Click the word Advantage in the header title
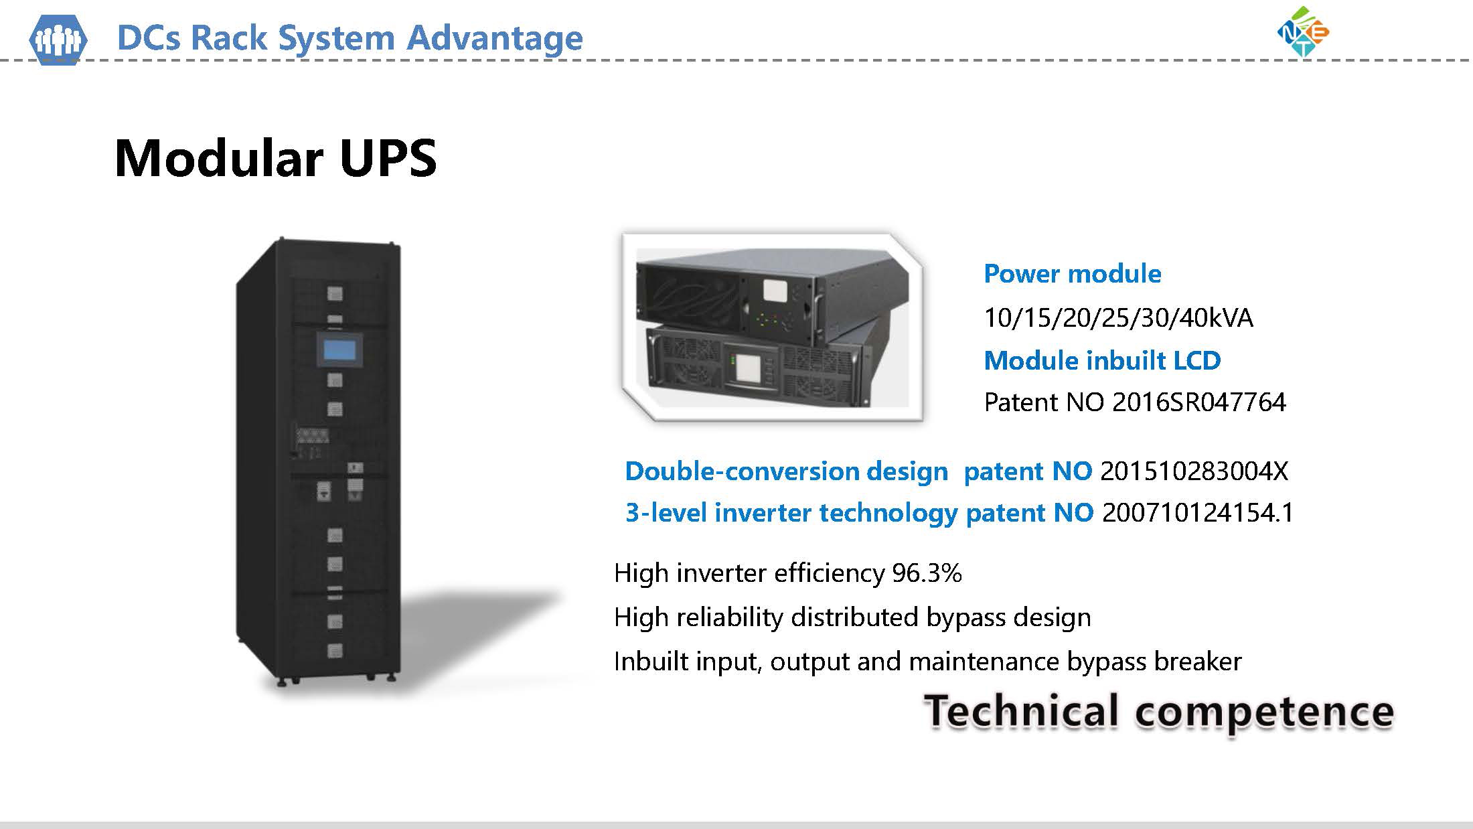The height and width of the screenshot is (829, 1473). [x=495, y=37]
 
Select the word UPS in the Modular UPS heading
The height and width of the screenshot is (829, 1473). [x=388, y=159]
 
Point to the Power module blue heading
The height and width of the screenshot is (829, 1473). [x=1073, y=274]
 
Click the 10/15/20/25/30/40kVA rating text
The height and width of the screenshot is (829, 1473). [x=1118, y=317]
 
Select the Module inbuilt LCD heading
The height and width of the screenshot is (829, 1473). [x=1102, y=361]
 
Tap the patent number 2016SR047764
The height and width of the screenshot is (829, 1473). [x=1198, y=402]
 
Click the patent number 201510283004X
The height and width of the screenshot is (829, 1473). [x=1194, y=471]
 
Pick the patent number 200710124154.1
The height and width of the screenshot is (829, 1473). [x=1198, y=513]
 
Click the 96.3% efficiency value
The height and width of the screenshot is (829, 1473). [x=927, y=573]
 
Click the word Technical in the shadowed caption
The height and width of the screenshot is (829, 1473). [x=1021, y=711]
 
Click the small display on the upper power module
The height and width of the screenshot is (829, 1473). [x=775, y=291]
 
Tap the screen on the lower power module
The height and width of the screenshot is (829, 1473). [x=749, y=372]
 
